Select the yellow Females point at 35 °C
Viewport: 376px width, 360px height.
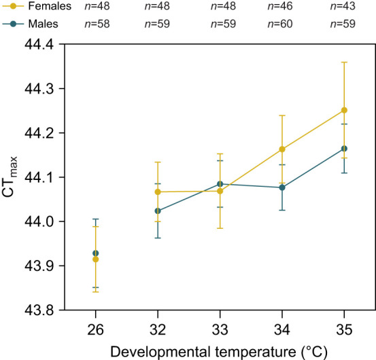[344, 110]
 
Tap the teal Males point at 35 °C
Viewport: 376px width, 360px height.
[344, 149]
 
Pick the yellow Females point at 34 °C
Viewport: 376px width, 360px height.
[282, 149]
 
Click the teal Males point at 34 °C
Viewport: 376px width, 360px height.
[282, 187]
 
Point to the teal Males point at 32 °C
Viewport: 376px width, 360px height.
[158, 211]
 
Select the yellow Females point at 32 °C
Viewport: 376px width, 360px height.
[158, 192]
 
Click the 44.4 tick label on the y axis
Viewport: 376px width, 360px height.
[39, 44]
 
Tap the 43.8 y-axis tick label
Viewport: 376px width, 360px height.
[39, 310]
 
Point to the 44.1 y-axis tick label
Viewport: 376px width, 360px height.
[39, 177]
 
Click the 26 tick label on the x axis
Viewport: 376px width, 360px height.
[95, 329]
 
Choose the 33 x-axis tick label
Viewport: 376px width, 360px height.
[220, 329]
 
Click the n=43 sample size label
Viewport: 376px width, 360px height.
[343, 6]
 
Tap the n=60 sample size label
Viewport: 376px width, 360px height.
[280, 24]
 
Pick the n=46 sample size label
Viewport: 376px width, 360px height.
[280, 6]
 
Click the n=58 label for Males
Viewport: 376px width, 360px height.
[97, 24]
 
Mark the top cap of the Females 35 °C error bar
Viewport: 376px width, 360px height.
[344, 62]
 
